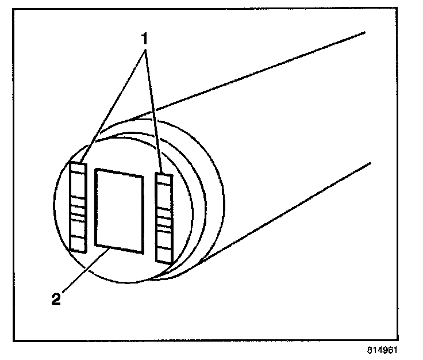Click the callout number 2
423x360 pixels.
(x=56, y=300)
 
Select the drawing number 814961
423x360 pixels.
(x=382, y=350)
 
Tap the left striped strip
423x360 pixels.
(x=78, y=207)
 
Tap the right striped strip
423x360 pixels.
(x=164, y=217)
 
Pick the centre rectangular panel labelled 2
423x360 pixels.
(x=120, y=210)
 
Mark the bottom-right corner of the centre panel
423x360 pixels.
(x=142, y=251)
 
